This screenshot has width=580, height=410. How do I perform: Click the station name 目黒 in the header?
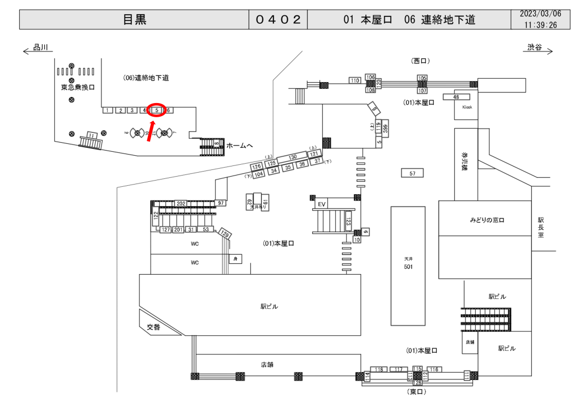(135, 19)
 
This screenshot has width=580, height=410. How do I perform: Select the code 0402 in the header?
(278, 19)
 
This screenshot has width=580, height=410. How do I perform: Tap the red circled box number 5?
(156, 110)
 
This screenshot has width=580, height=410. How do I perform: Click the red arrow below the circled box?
(152, 131)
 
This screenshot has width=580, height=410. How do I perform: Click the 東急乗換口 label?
(78, 88)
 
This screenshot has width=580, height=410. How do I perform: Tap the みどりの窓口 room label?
(487, 219)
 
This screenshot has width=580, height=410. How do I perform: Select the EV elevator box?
(322, 204)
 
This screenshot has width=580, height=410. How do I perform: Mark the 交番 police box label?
(154, 327)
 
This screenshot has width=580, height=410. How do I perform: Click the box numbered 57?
(412, 173)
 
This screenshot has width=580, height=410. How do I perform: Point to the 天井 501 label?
(407, 264)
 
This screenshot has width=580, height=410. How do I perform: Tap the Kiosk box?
(467, 107)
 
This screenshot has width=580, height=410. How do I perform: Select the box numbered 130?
(292, 157)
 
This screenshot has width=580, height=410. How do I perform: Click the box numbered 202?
(181, 203)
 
